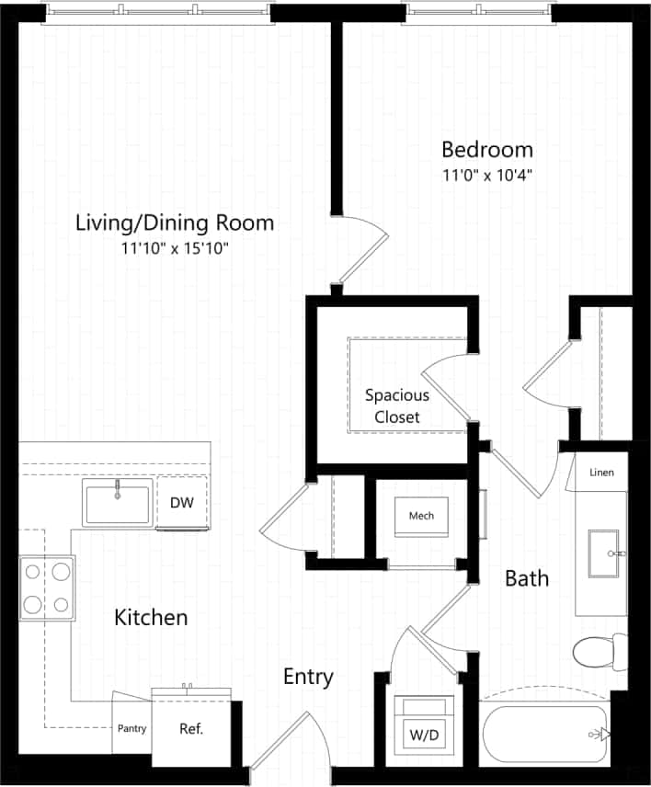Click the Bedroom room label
[487, 149]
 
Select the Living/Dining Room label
[175, 222]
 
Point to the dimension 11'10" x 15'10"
[175, 248]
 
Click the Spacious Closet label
[396, 406]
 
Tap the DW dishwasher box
[181, 502]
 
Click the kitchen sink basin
[117, 504]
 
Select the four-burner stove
[47, 588]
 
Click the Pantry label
[131, 729]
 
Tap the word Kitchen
[151, 618]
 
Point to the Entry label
[308, 678]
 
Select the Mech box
[421, 516]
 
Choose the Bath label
[527, 578]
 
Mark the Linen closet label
[602, 473]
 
